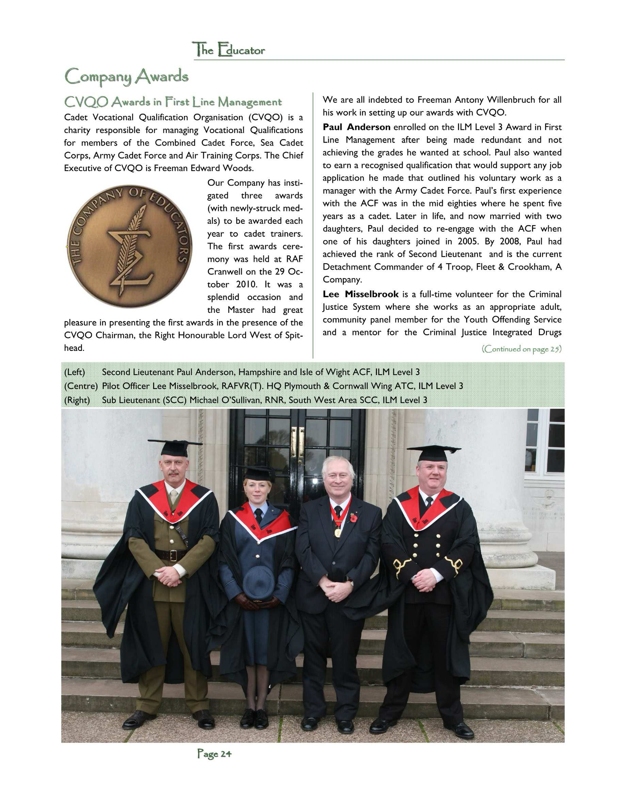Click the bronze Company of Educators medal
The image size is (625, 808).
point(130,246)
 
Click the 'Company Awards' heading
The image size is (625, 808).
point(126,77)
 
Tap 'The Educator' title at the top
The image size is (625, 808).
point(229,50)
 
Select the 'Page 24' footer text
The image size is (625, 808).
point(214,753)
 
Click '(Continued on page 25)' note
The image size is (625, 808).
point(521,349)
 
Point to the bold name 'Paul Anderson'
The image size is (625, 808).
point(356,127)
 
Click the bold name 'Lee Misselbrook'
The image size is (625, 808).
point(360,294)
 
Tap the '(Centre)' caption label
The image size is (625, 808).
point(81,386)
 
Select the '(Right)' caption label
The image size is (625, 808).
point(77,400)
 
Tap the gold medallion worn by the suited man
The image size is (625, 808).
point(338,533)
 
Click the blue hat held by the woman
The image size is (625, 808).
point(259,582)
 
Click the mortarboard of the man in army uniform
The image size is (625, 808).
point(175,447)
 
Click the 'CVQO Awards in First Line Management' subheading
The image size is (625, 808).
point(173,102)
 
